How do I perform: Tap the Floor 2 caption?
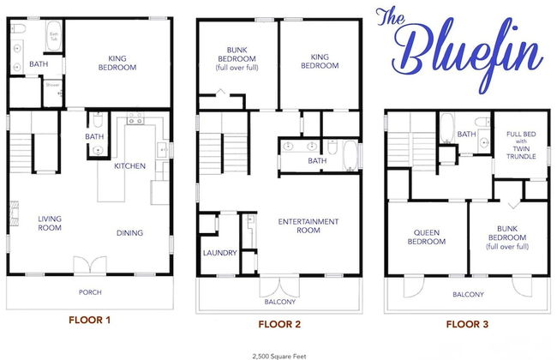point(279,324)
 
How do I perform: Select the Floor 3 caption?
point(468,324)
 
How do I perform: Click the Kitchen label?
point(129,166)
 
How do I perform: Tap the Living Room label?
point(50,224)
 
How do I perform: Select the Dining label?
point(129,233)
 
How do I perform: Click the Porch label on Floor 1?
point(90,292)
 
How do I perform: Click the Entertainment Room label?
point(308,226)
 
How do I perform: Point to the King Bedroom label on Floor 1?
point(117,63)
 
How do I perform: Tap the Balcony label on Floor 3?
point(468,295)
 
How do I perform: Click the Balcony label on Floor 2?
point(279,302)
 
